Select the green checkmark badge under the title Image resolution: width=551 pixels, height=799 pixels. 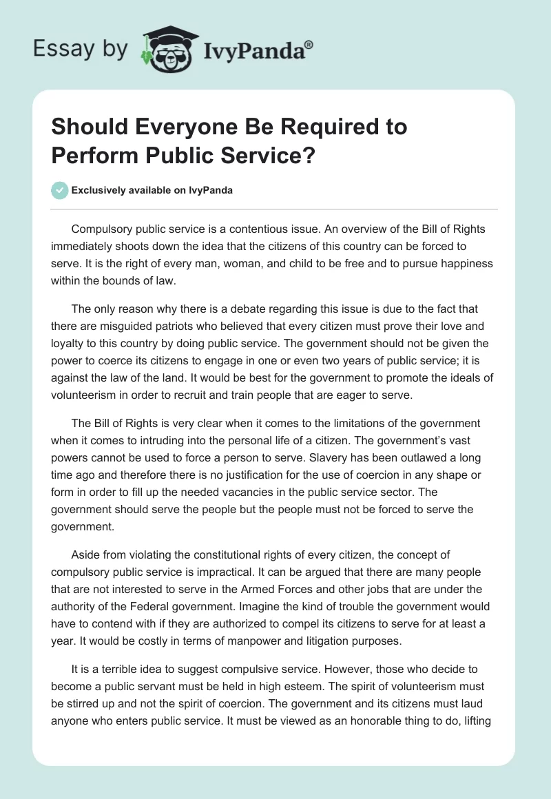point(61,190)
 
